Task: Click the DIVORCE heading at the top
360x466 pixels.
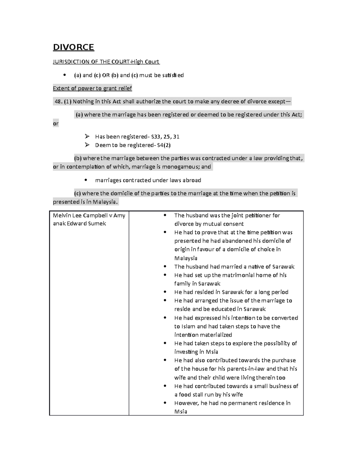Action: click(73, 47)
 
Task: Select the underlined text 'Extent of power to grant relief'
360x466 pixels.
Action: click(92, 88)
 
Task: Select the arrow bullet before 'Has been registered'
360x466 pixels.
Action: click(87, 137)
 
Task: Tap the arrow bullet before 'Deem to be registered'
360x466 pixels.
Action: click(87, 145)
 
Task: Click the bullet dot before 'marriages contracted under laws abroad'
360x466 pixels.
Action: click(86, 180)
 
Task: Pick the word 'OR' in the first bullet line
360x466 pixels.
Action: click(106, 75)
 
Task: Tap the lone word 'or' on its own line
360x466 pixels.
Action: click(55, 124)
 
